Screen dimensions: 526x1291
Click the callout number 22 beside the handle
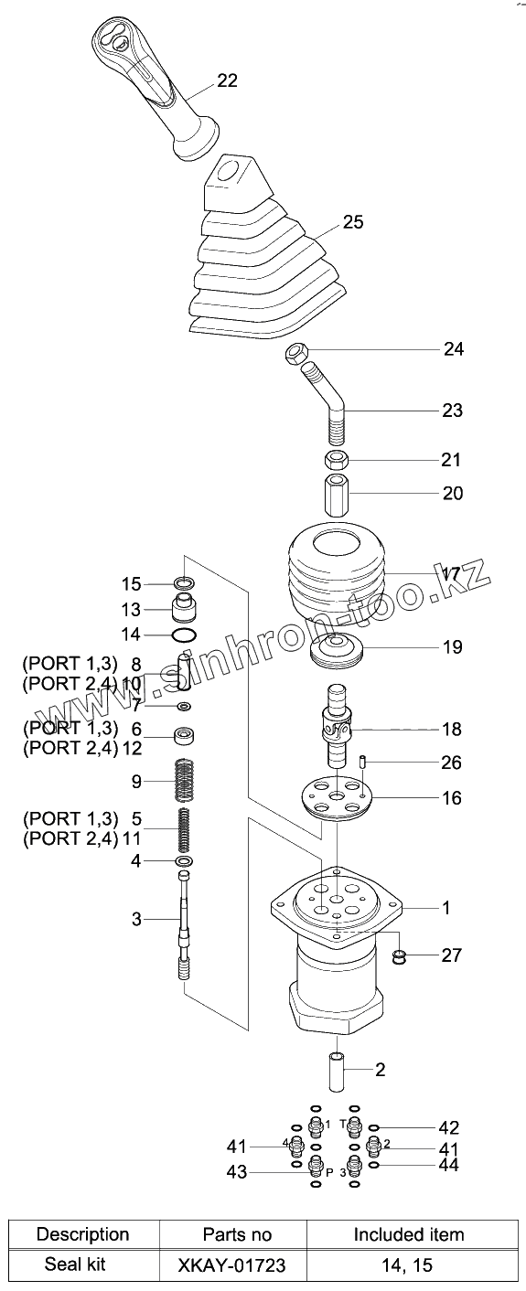(x=227, y=80)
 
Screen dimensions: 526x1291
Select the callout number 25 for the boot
(x=353, y=222)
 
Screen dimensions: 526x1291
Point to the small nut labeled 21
(x=335, y=460)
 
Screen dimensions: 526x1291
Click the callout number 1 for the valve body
(x=445, y=908)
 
